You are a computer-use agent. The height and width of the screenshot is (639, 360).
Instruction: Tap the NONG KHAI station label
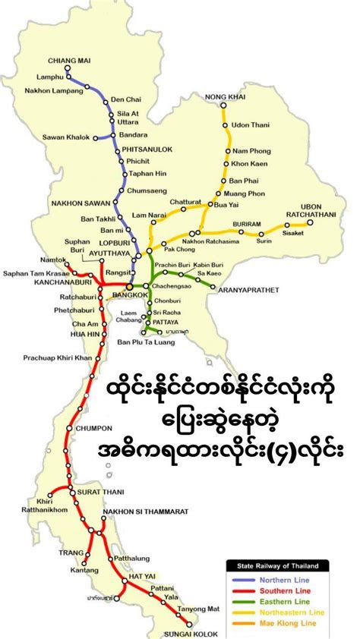pos(222,96)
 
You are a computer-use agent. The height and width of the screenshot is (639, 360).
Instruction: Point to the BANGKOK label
pos(108,294)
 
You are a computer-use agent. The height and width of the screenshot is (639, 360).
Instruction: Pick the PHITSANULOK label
pos(149,150)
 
